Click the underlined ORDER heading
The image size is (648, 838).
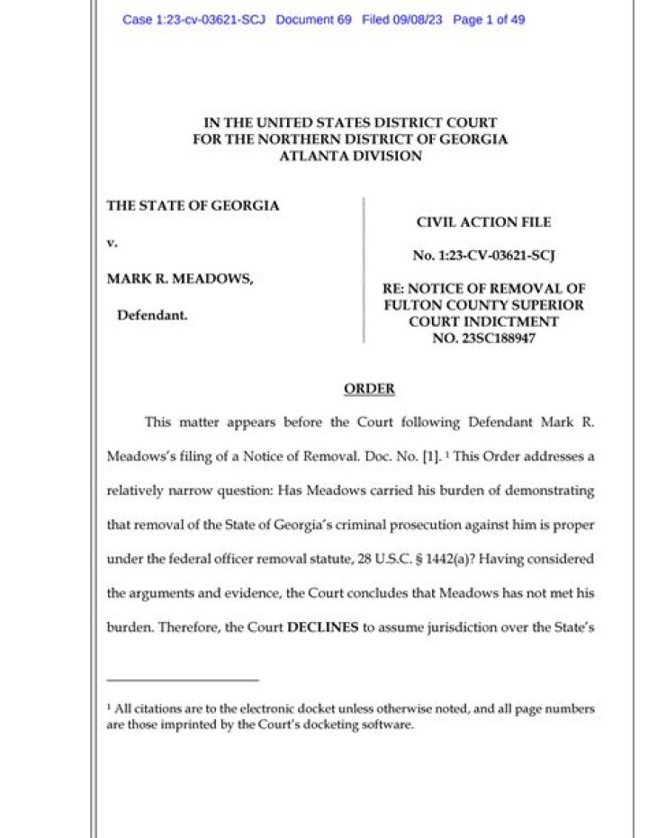(369, 389)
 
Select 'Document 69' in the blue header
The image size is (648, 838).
(313, 20)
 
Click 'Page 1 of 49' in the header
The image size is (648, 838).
(489, 20)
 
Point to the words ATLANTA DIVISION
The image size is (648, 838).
(349, 157)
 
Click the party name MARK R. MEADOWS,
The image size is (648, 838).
(180, 280)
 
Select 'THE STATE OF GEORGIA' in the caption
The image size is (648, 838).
(193, 205)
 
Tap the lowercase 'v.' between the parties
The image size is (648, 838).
(112, 242)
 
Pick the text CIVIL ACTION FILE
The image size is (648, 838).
(483, 222)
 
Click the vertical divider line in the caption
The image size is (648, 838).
(363, 270)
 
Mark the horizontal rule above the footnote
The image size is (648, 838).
(183, 680)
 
